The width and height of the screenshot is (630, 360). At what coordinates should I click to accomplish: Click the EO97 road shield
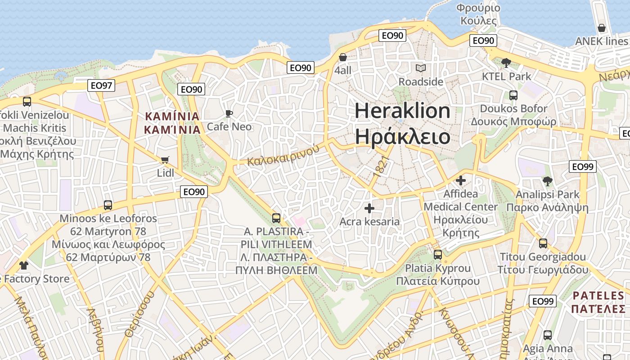tap(101, 85)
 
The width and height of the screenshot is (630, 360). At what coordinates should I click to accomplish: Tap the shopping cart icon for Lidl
tap(165, 160)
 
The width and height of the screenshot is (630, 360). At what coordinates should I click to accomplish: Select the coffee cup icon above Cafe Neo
tap(229, 113)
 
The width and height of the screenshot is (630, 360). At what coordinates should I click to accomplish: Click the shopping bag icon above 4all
tap(343, 57)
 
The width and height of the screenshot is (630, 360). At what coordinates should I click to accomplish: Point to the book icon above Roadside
tap(421, 68)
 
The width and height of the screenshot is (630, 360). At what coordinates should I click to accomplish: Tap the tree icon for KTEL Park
tap(506, 63)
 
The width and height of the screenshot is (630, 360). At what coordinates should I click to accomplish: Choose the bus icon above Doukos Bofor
tap(513, 95)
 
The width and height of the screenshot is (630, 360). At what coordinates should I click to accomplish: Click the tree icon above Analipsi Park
tap(547, 181)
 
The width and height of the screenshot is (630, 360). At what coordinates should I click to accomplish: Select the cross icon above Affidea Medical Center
tap(461, 180)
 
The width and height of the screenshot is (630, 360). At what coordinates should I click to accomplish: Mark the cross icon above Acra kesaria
tap(369, 208)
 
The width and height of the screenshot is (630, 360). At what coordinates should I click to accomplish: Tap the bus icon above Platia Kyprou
tap(438, 255)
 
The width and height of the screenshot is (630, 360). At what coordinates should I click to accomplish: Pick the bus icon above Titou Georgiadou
tap(543, 243)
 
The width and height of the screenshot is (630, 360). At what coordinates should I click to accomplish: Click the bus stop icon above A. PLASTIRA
tap(276, 218)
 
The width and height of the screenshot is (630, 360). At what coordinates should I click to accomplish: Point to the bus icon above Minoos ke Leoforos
tap(108, 205)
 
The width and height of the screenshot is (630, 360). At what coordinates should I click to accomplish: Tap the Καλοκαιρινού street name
tap(283, 156)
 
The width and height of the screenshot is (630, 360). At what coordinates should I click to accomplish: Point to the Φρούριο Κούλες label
tap(478, 14)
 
